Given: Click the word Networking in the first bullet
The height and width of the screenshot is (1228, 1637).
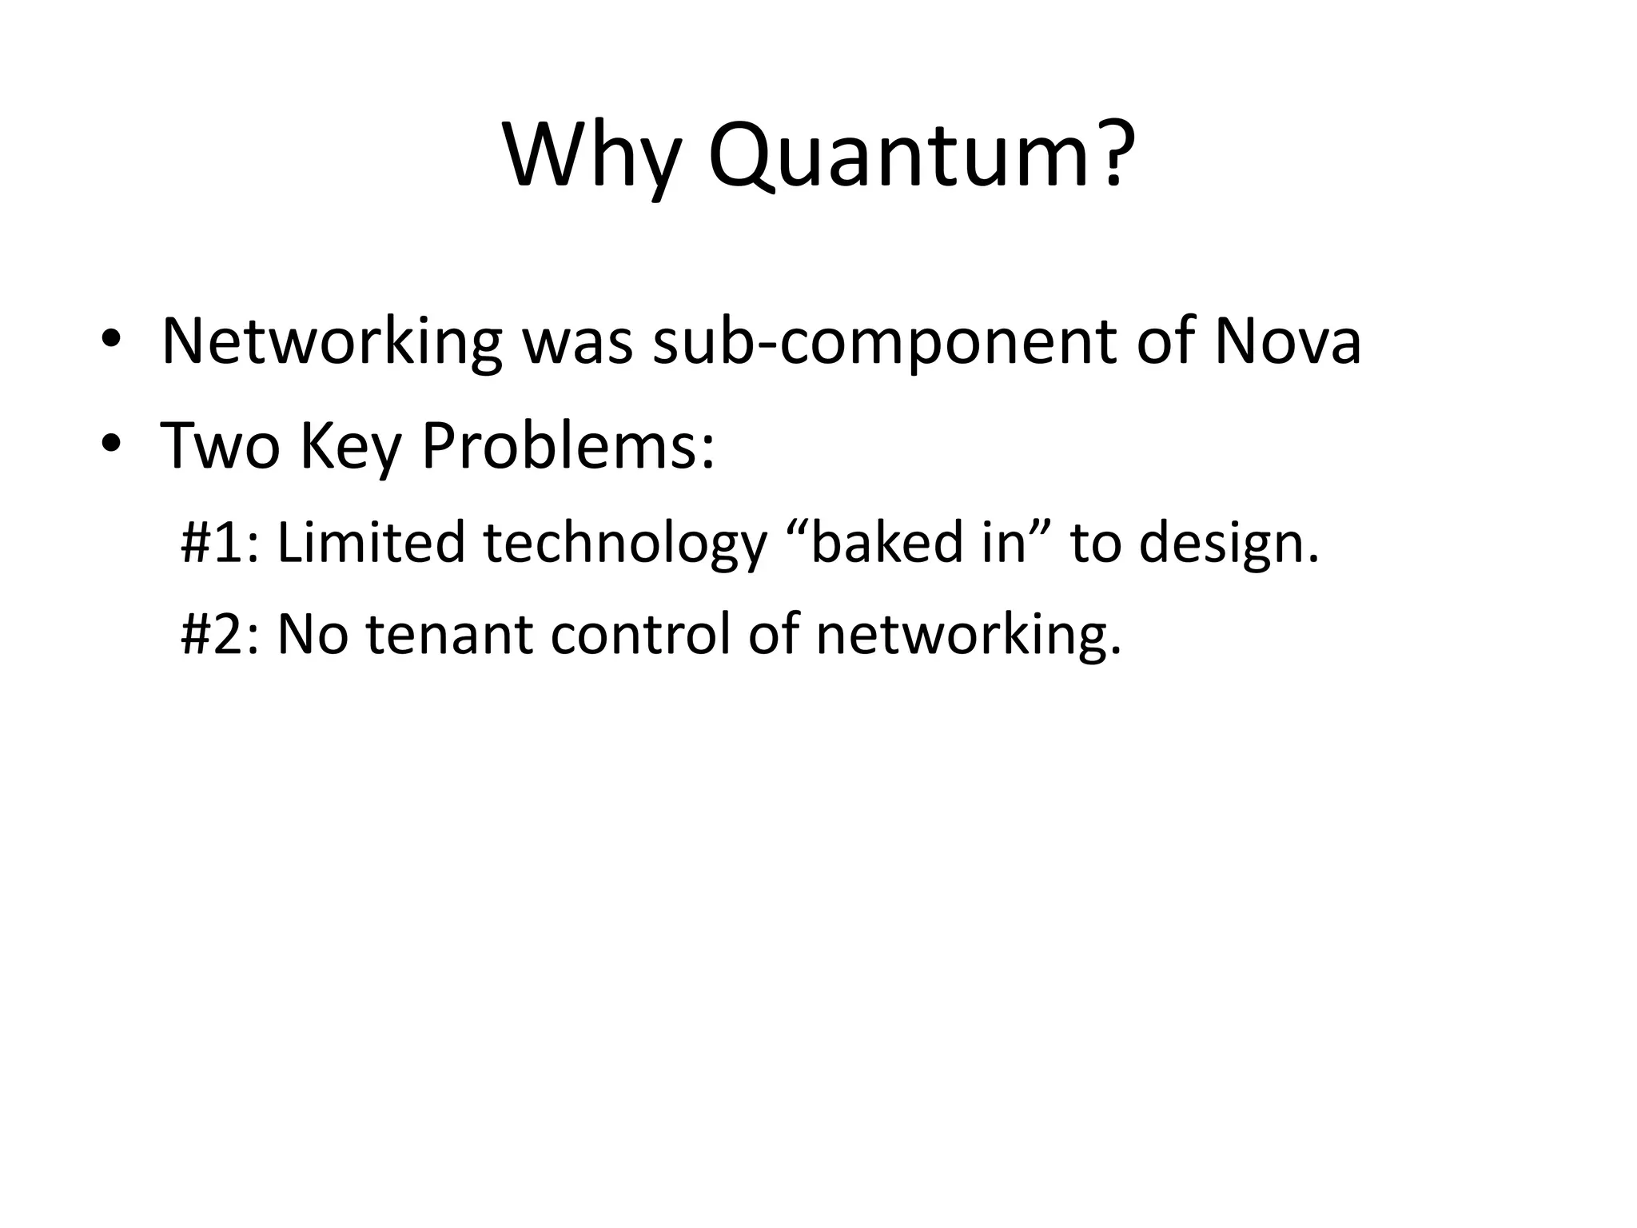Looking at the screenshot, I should (x=331, y=342).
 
